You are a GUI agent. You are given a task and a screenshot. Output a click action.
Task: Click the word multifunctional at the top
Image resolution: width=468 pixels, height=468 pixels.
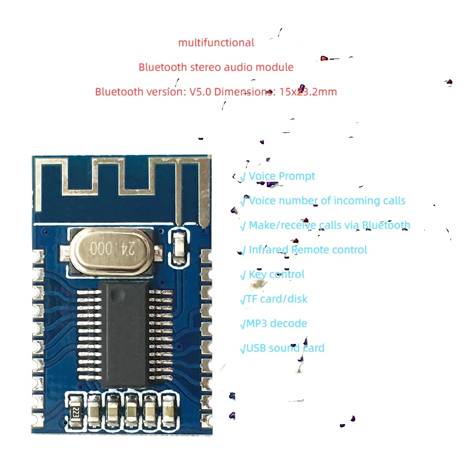tap(216, 43)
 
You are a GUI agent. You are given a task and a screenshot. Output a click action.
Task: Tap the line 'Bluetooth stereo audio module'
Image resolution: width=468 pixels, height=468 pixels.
tap(216, 67)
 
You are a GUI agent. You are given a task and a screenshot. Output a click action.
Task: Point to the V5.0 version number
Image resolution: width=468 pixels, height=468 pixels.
tap(201, 92)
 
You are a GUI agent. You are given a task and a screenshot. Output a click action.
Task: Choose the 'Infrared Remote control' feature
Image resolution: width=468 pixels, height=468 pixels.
tap(308, 250)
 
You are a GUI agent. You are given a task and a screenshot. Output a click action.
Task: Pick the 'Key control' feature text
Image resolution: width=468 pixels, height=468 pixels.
tap(276, 274)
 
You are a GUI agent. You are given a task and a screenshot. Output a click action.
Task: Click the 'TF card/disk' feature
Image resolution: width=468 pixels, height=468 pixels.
tap(276, 299)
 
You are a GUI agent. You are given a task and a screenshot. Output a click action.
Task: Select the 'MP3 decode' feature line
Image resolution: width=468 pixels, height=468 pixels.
tap(276, 324)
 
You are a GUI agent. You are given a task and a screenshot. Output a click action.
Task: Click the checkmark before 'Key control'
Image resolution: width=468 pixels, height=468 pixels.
tap(243, 275)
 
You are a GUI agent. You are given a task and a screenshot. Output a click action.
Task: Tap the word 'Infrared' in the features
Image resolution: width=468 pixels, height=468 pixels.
tap(269, 250)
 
